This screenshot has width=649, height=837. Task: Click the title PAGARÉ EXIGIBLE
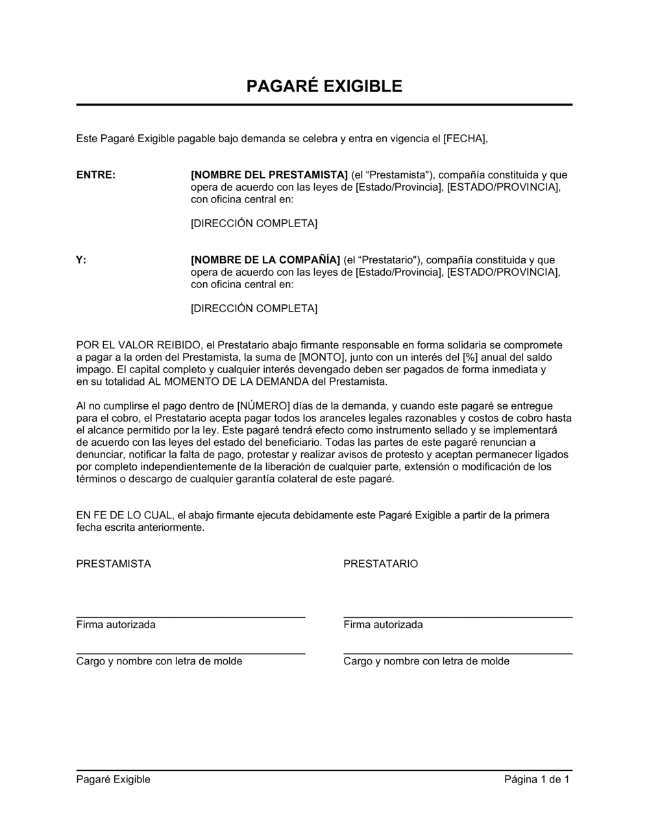pos(324,86)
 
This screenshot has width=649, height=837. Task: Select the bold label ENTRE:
pos(96,175)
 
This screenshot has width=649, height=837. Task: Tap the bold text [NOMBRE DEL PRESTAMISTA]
pos(269,175)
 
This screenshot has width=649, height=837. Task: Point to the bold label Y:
pos(81,260)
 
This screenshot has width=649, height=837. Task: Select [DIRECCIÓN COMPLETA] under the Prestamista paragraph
pos(254,223)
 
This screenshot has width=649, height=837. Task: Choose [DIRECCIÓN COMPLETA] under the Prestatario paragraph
pos(254,308)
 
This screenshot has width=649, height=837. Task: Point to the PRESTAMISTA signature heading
pos(114,564)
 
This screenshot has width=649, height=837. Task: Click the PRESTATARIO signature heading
pos(380,564)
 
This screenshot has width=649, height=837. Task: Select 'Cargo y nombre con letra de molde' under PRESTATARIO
pos(426,661)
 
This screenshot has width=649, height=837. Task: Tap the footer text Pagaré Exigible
pos(113,779)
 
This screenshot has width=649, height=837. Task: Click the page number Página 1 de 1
pos(537,779)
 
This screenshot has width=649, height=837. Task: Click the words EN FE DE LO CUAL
pos(124,515)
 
